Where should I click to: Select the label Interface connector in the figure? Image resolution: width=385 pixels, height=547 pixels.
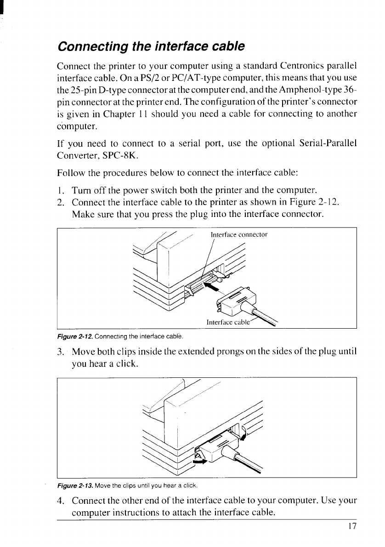(239, 234)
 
